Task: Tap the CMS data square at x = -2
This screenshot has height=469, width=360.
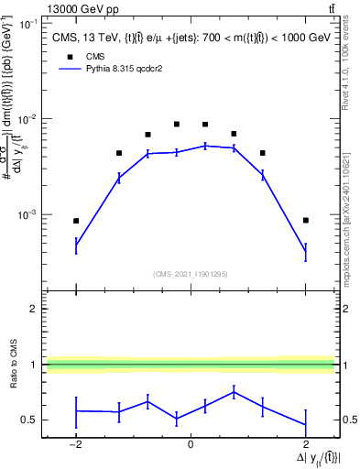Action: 76,221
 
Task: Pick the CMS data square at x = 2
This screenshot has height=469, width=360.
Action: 305,221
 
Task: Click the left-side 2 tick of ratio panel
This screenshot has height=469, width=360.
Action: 35,309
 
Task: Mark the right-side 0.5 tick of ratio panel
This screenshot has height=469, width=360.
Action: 347,420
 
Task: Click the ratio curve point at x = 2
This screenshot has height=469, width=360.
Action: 305,425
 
